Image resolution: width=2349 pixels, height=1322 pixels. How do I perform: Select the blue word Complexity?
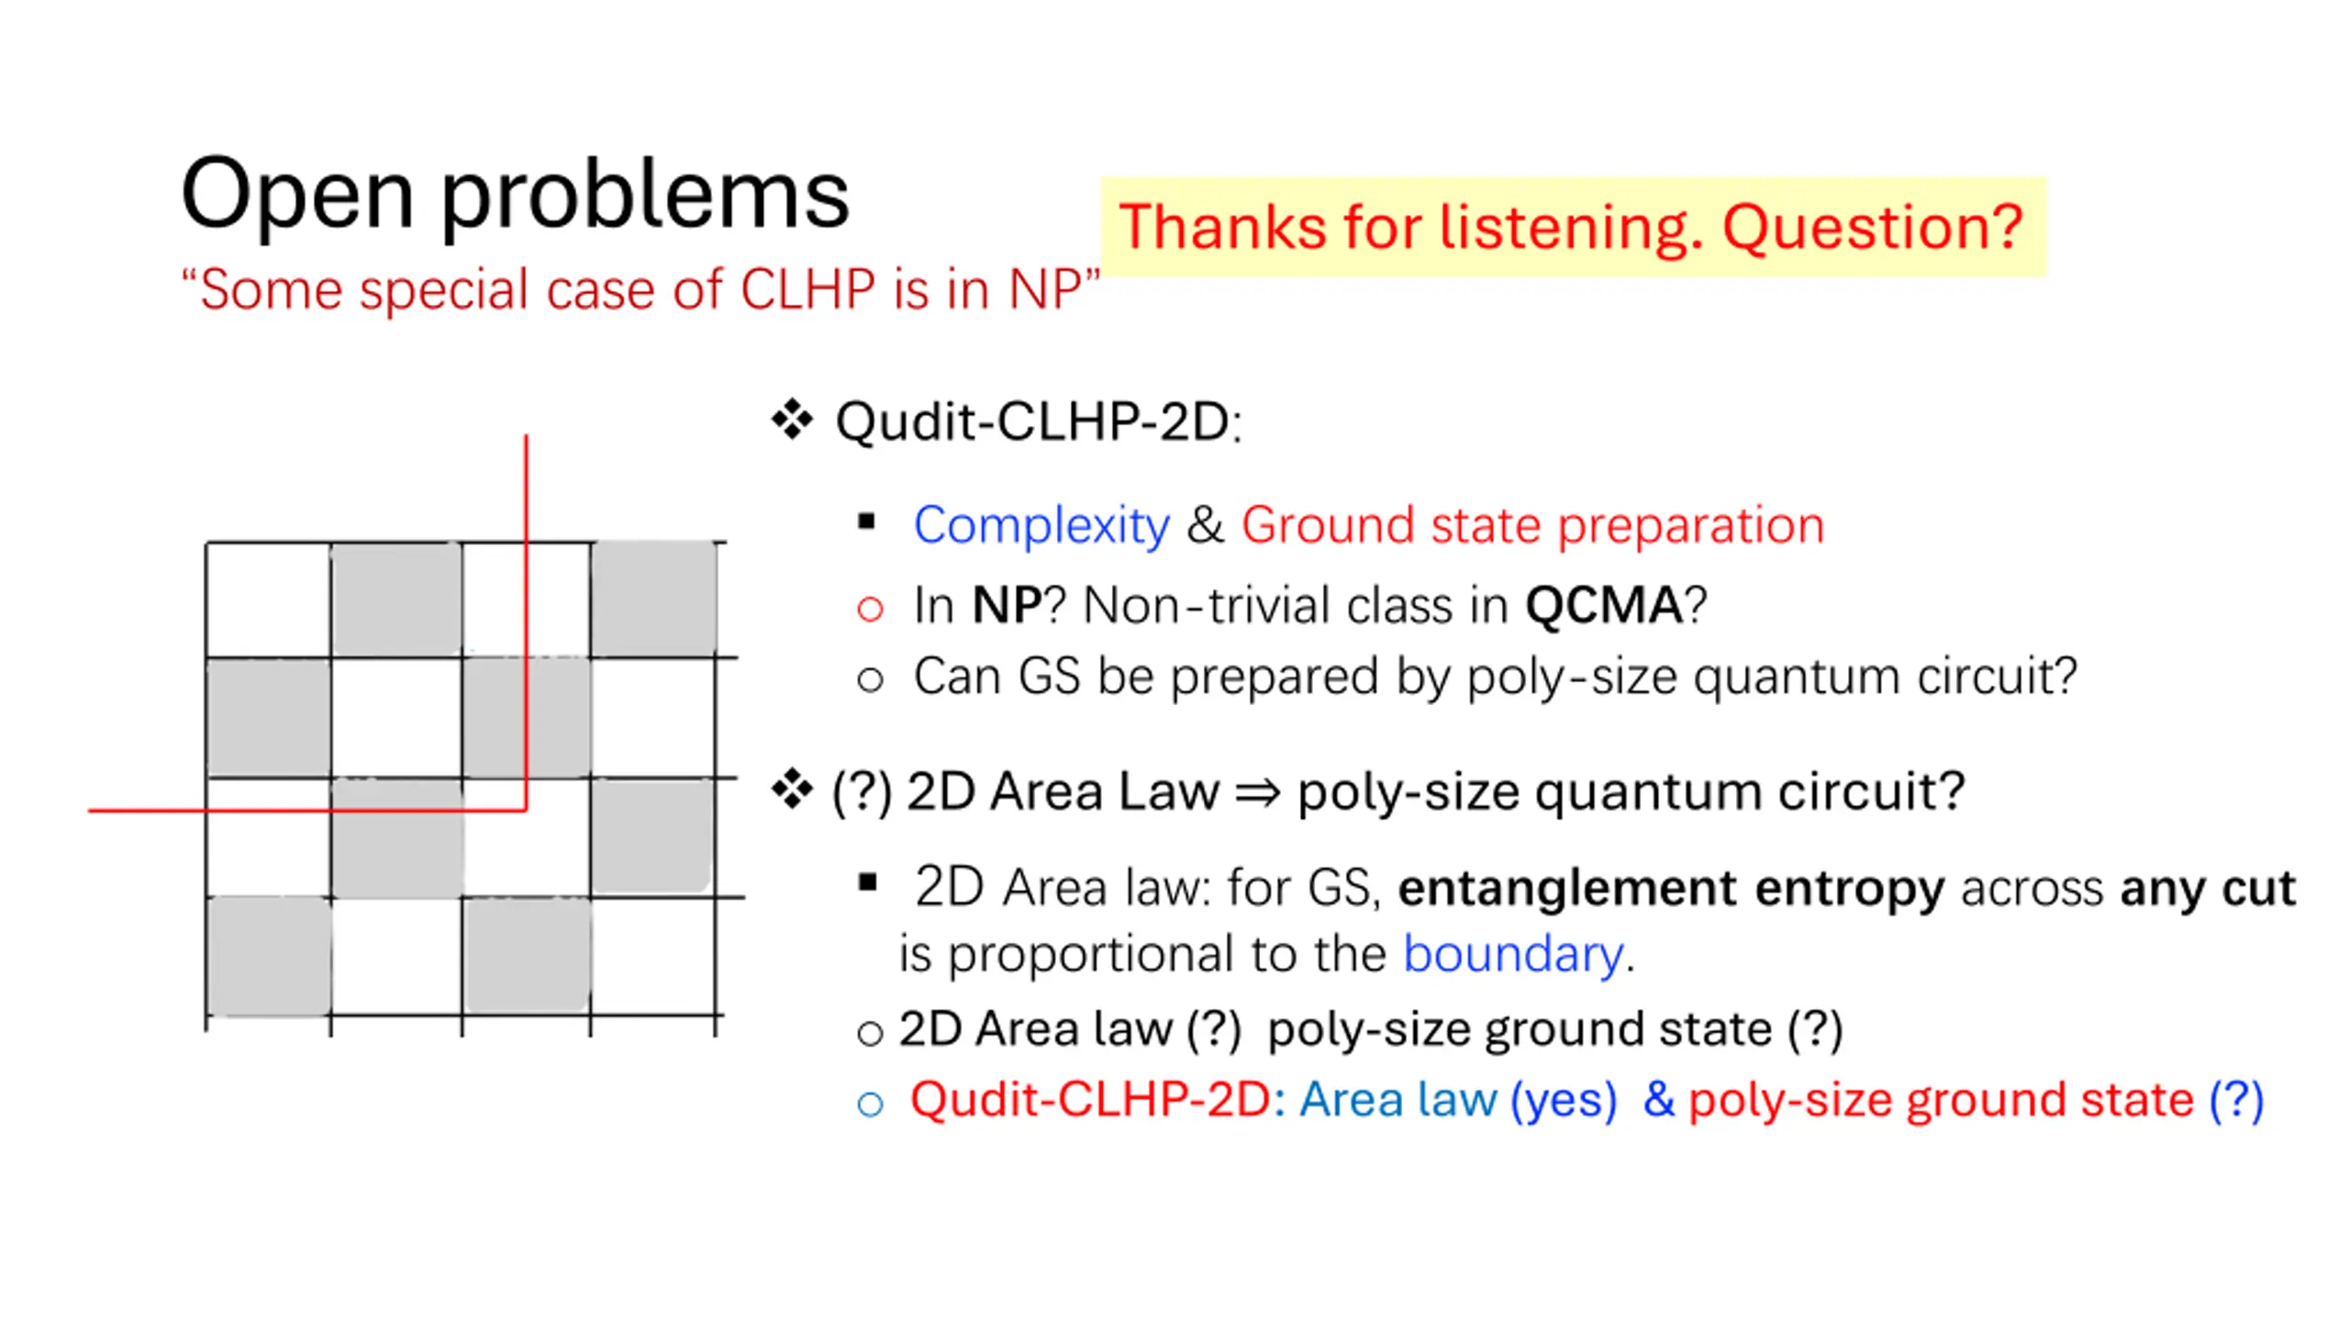(1041, 527)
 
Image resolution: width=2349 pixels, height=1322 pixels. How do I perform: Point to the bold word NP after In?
(1007, 606)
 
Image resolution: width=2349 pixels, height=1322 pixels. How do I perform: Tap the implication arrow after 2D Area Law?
(1257, 792)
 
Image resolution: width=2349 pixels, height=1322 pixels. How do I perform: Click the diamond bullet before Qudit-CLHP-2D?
(793, 420)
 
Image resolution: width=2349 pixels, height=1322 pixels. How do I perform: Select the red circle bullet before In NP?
(870, 609)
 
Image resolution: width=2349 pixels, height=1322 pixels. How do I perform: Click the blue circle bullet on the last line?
(870, 1104)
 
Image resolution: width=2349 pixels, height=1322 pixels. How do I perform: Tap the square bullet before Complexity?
(866, 521)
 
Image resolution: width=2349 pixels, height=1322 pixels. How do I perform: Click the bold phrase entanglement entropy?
(1671, 889)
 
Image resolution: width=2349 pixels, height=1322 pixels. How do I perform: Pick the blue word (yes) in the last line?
(1564, 1100)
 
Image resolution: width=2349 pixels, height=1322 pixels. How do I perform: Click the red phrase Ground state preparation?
(1532, 526)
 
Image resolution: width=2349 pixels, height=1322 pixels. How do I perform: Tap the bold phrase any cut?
(2208, 889)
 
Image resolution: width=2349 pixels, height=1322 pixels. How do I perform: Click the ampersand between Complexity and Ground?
(1205, 526)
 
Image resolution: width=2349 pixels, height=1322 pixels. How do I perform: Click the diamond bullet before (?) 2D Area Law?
(793, 790)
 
